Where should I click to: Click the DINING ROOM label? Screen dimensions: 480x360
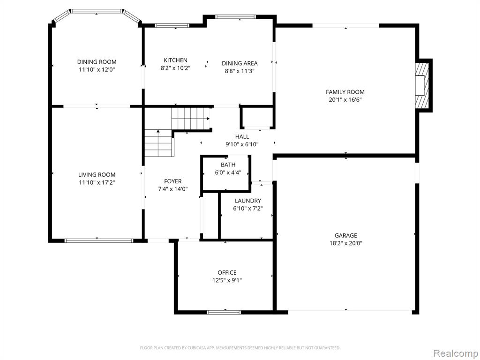pos(97,62)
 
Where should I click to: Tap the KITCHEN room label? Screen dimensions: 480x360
pos(175,60)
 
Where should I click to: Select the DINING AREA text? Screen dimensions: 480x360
pos(240,63)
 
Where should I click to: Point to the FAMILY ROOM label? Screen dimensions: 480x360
pos(345,92)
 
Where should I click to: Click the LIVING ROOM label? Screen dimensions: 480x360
pos(97,175)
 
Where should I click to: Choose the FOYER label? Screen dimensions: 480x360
pos(172,181)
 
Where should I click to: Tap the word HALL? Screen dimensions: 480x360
pos(242,136)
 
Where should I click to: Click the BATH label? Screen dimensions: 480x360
pos(228,165)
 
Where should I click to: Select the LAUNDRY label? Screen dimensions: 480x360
pos(248,201)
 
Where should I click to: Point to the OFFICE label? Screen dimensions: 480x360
pos(227,272)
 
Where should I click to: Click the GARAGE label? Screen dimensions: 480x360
pos(345,235)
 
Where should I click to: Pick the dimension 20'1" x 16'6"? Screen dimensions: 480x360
pos(345,99)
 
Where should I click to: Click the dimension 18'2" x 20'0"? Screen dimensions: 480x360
pos(345,243)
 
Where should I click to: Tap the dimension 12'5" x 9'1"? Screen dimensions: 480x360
pos(227,280)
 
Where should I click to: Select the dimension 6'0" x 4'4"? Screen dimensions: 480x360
pos(228,172)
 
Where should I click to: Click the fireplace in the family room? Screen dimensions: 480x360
pos(422,85)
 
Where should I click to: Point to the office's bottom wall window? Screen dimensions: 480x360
pos(224,312)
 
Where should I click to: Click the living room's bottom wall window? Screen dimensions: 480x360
pos(99,240)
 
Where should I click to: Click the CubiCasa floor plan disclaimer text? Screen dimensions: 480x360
pos(240,348)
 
